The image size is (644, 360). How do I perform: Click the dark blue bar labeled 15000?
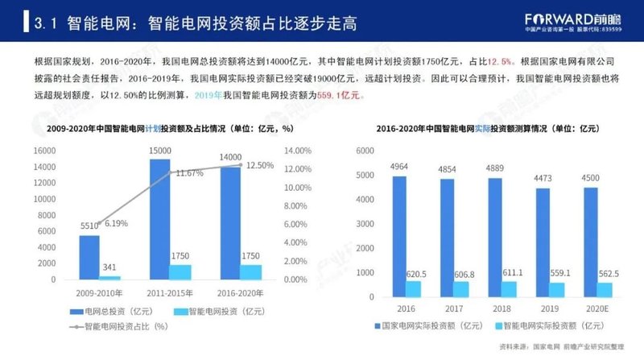(x=160, y=218)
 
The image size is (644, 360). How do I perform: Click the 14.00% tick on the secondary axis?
(x=298, y=151)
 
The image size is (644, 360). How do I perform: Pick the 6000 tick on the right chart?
(x=386, y=151)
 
